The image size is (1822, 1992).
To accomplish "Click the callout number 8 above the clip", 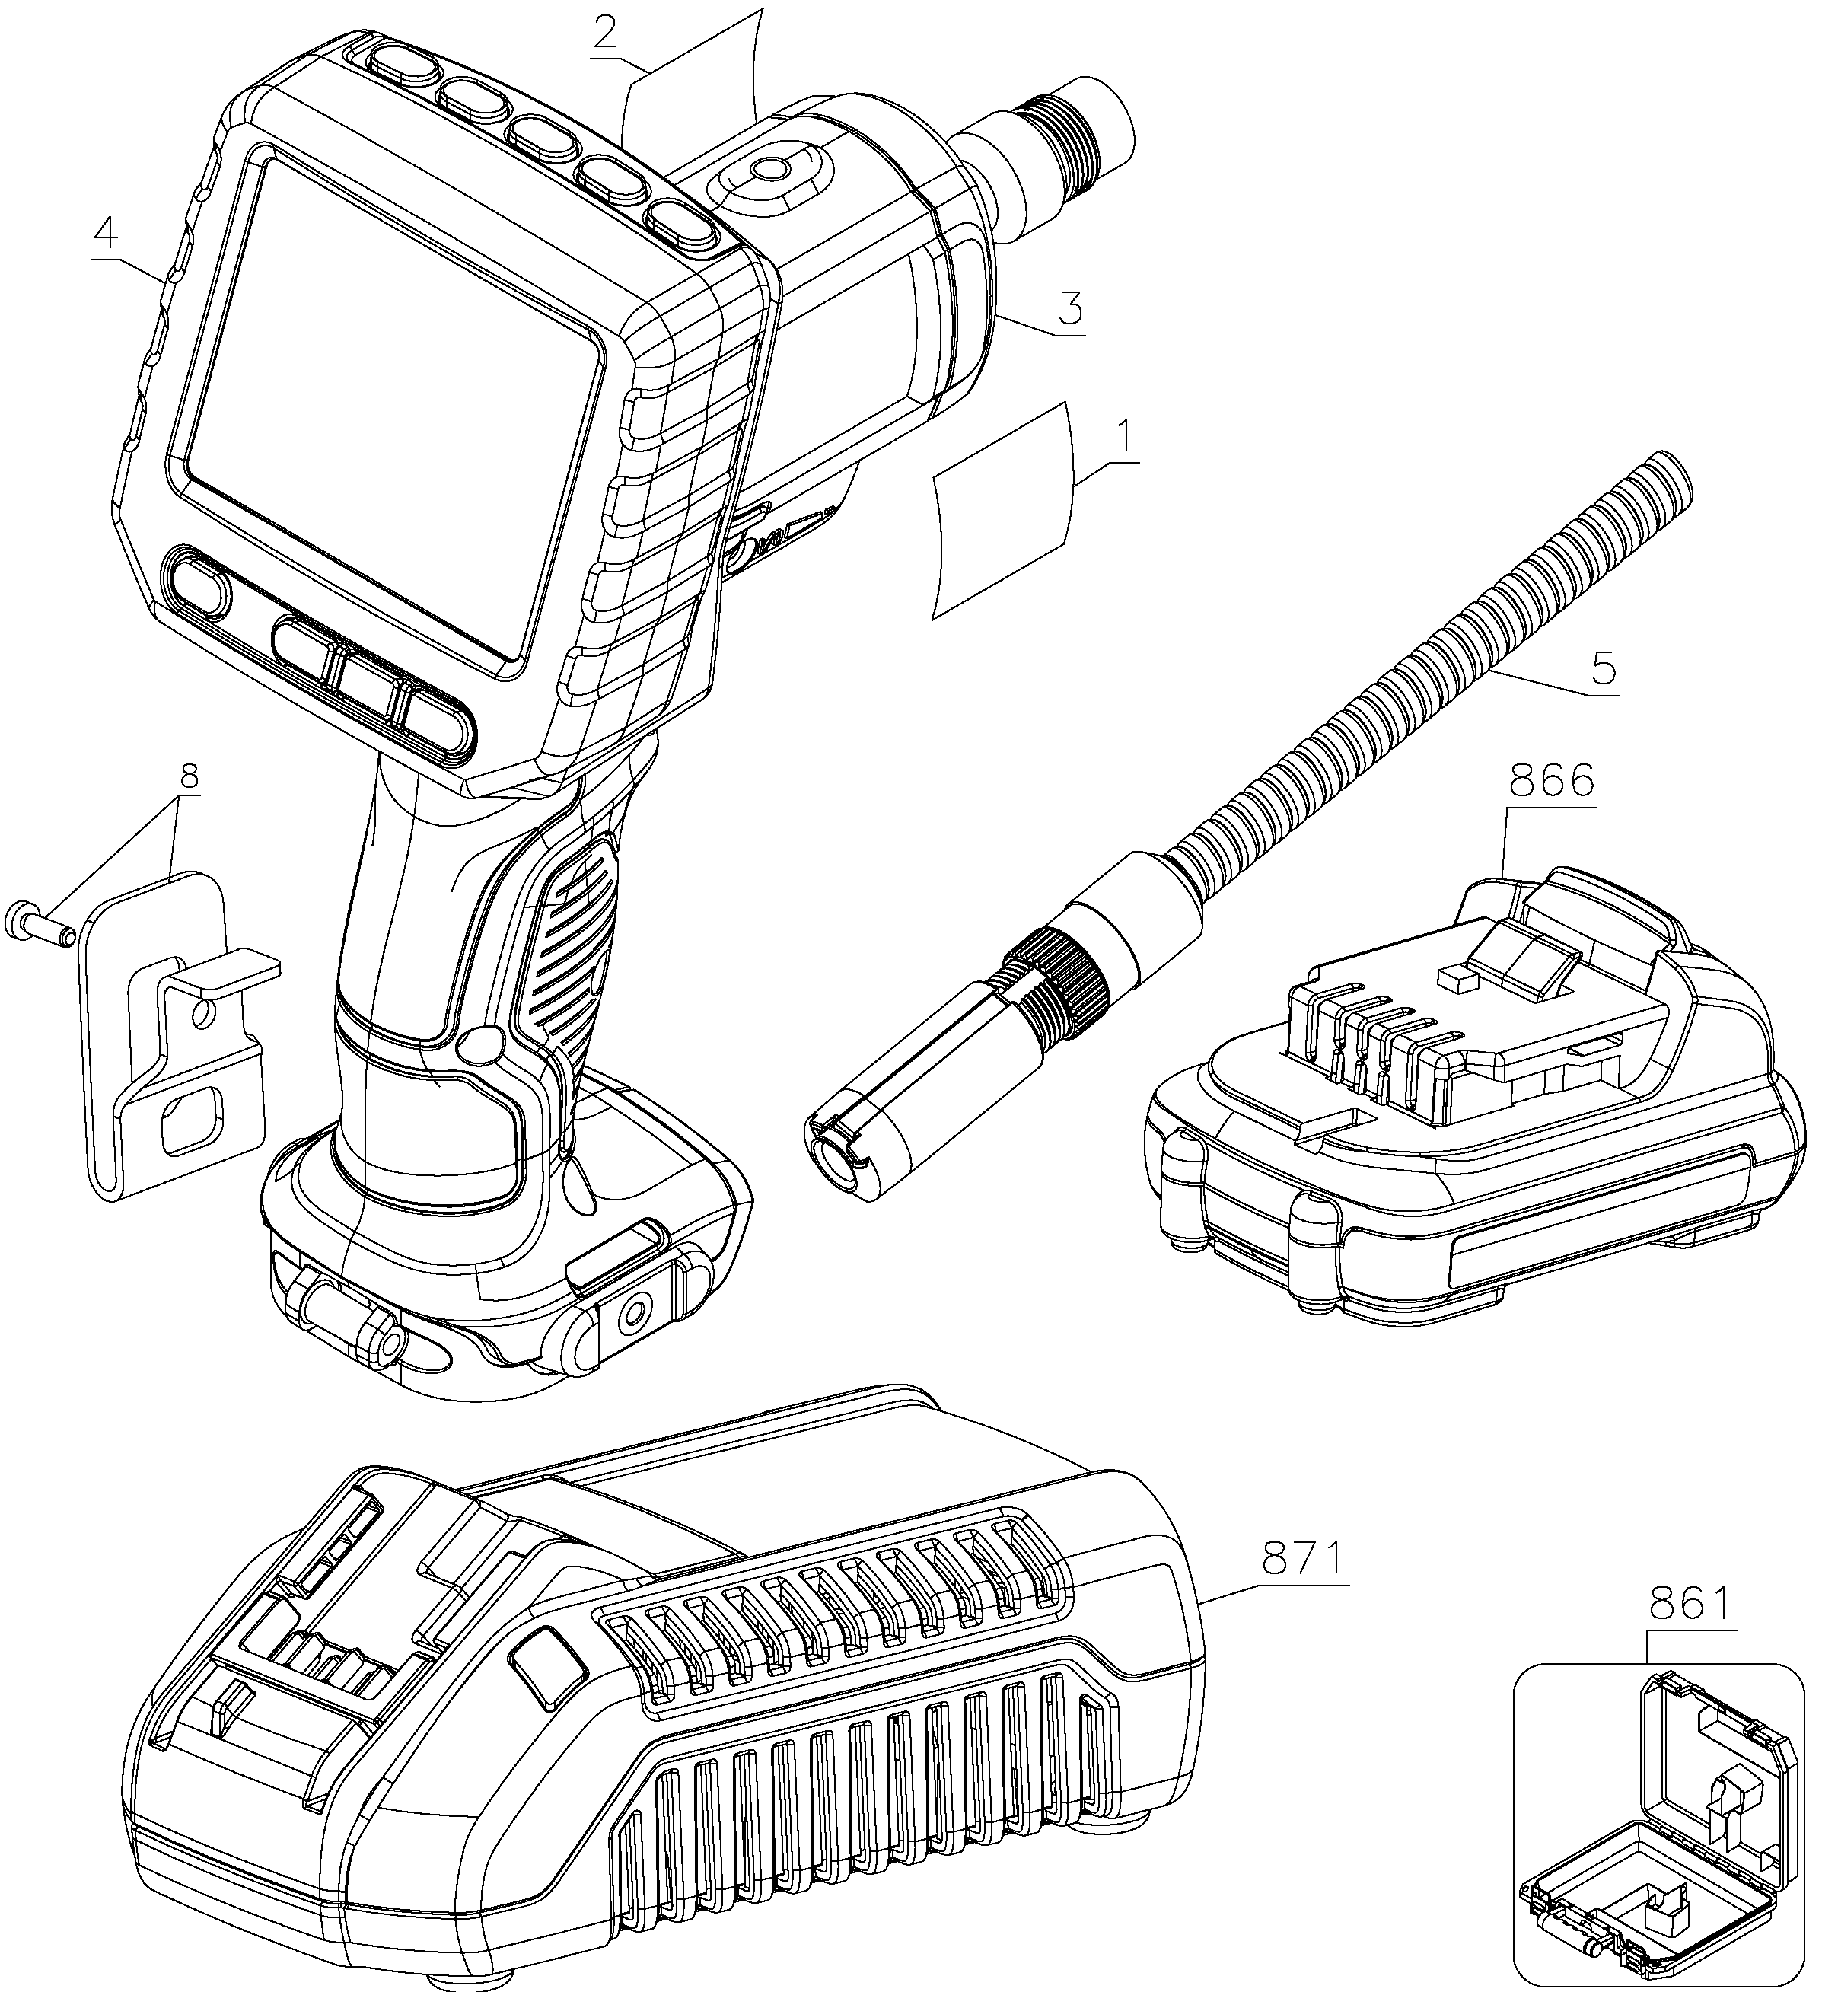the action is (188, 778).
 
